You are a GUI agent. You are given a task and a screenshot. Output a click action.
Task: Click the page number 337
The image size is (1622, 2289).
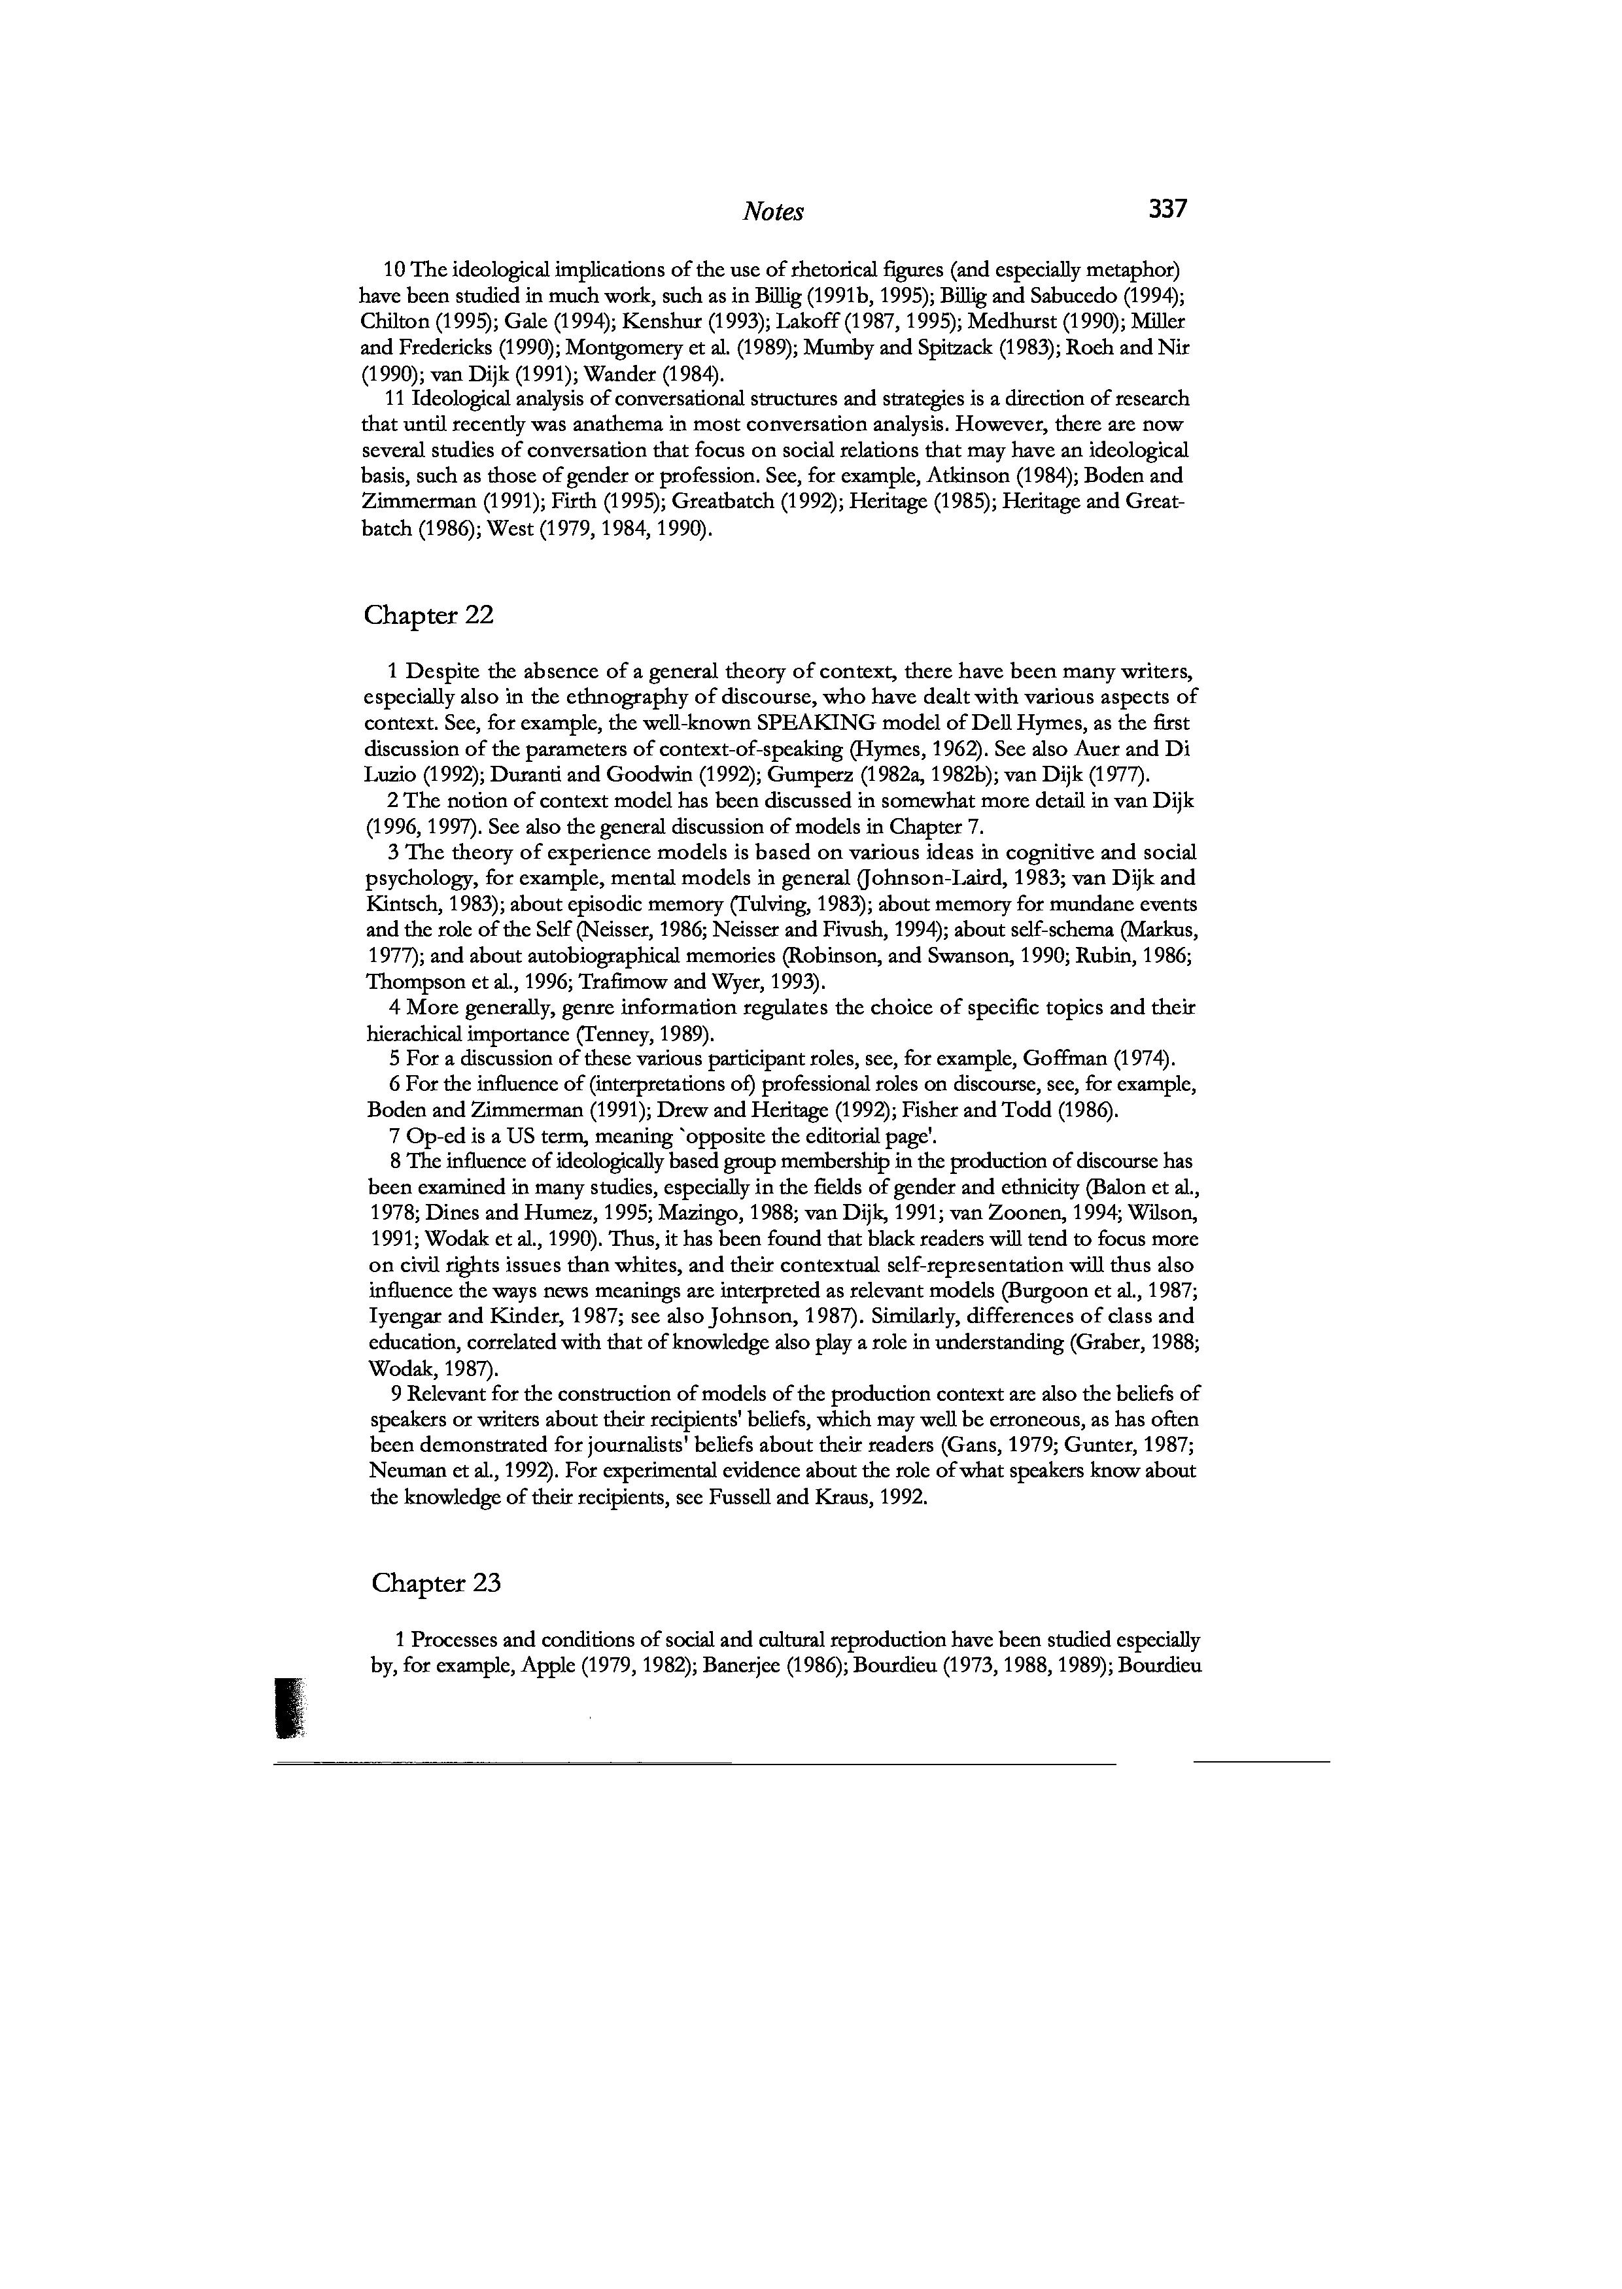click(1167, 209)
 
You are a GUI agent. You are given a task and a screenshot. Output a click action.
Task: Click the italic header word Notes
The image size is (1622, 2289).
click(773, 212)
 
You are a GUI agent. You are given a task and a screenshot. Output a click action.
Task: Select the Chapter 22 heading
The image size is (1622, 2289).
click(428, 615)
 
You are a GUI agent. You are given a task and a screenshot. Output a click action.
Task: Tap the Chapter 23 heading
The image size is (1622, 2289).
click(436, 1583)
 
